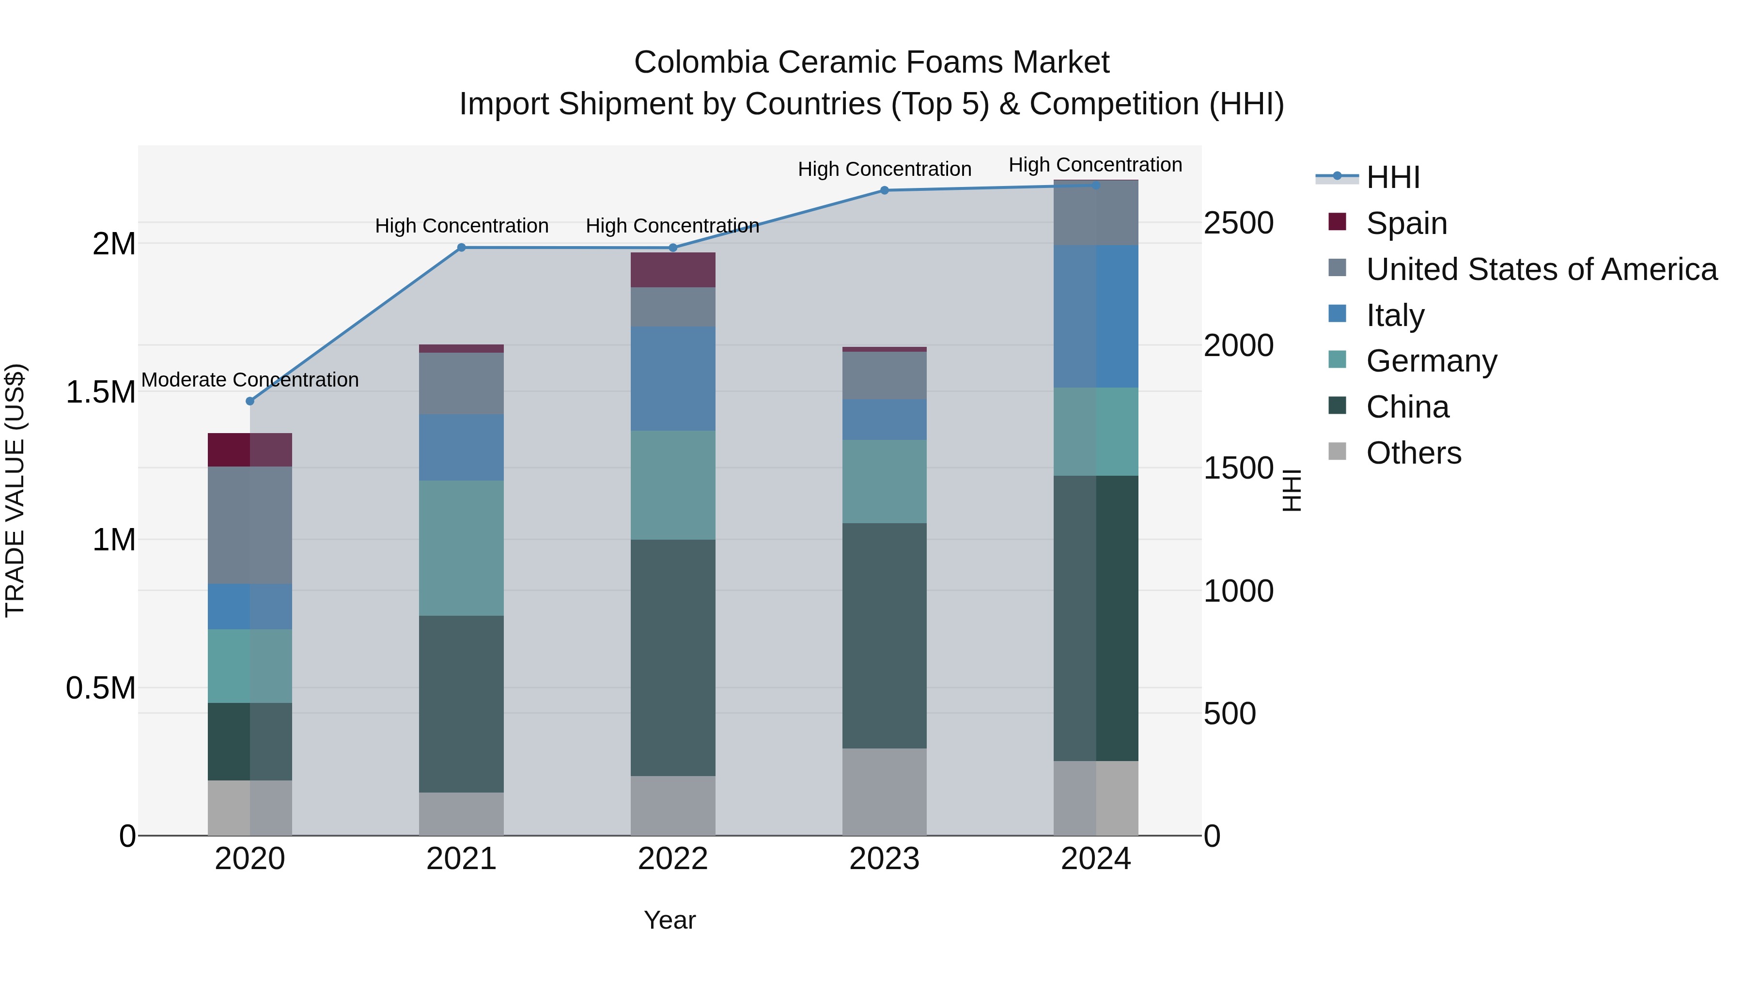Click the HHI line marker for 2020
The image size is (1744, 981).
coord(250,401)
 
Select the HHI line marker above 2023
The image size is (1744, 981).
coord(884,190)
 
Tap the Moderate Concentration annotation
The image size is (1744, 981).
coord(250,380)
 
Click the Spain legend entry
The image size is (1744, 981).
coord(1406,223)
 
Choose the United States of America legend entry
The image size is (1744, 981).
coord(1541,269)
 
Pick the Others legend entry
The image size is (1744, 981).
coord(1413,452)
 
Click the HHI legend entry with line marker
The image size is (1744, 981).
coord(1393,177)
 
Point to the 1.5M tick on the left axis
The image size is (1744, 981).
coord(100,392)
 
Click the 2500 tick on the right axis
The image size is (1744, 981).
coord(1238,223)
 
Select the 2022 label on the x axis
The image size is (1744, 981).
coord(672,859)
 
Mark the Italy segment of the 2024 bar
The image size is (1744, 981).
coord(1095,316)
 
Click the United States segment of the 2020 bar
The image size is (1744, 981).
coord(250,525)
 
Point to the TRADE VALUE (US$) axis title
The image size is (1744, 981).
coord(15,490)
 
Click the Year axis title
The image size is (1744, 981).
coord(669,920)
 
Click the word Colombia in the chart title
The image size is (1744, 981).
coord(701,62)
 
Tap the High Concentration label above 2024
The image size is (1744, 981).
coord(1095,165)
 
